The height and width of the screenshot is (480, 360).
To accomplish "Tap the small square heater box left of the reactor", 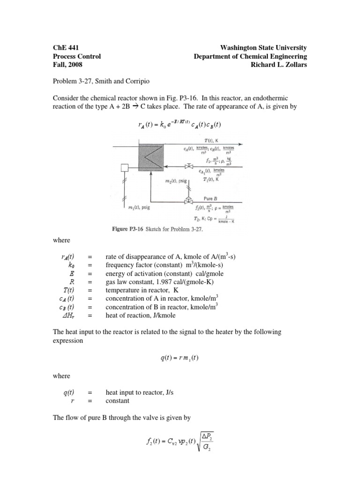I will [x=125, y=168].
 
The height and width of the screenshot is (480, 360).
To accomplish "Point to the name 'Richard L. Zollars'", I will [x=279, y=65].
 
